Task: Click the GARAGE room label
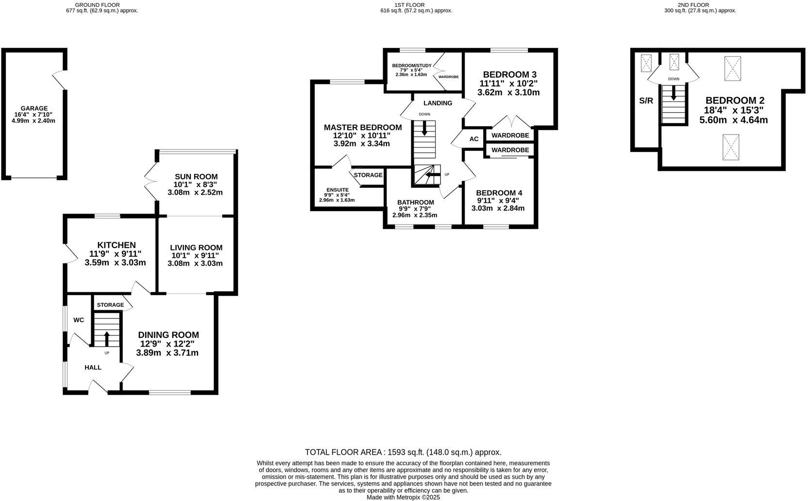coord(34,108)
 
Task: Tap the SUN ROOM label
coord(195,177)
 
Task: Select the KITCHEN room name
coord(116,245)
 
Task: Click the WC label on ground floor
coord(79,320)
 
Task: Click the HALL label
coord(93,367)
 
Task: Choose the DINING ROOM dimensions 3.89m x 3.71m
coord(167,353)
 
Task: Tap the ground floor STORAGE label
coord(110,305)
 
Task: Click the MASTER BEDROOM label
coord(363,127)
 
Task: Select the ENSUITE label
coord(337,190)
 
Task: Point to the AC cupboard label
coord(474,139)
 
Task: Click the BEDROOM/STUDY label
coord(412,66)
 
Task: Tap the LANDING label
coord(438,103)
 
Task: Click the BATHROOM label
coord(415,202)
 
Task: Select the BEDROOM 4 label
coord(499,193)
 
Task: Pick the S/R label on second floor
coord(646,101)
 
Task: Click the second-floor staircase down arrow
coord(673,93)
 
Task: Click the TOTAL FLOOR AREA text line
coord(403,452)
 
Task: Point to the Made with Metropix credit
coord(403,497)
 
